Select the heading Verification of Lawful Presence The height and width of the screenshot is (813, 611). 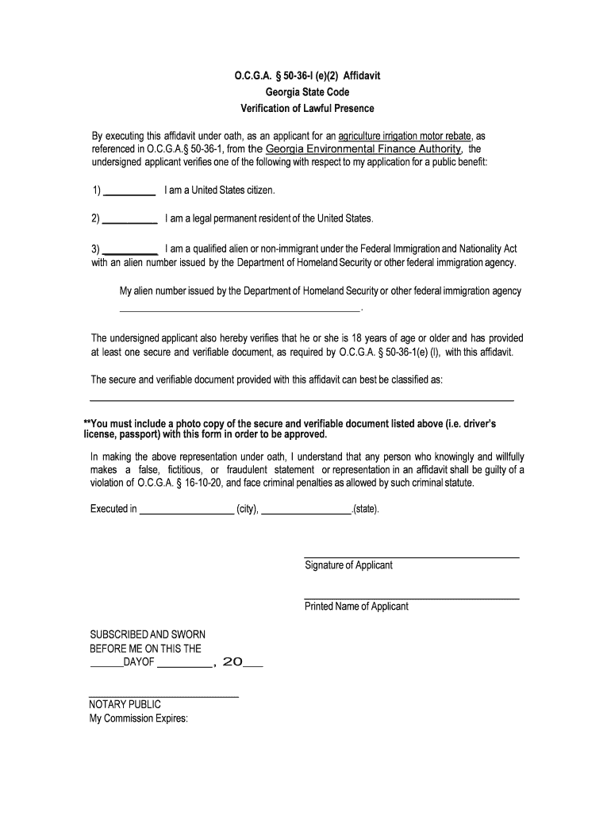pos(307,108)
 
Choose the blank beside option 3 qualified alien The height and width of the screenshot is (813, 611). pos(130,250)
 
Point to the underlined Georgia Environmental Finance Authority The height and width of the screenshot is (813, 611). pos(363,149)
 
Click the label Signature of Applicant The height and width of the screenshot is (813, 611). pos(348,565)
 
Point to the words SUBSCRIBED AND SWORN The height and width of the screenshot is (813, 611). pos(148,634)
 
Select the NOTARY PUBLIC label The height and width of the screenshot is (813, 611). pos(125,704)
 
